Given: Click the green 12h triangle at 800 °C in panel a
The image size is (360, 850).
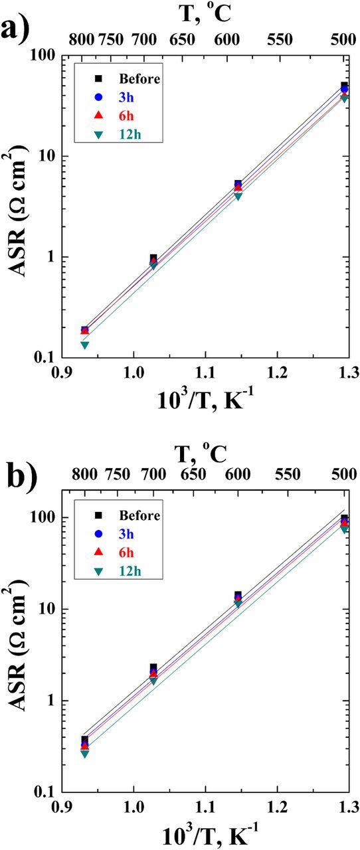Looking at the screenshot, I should tap(85, 345).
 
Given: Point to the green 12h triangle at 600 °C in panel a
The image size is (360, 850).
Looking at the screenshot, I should tap(238, 197).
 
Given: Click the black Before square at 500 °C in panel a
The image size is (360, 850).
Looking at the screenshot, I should tap(344, 86).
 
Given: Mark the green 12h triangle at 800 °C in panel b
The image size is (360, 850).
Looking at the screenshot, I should tap(85, 754).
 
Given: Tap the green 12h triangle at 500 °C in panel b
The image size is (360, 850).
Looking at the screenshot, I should tap(344, 529).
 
